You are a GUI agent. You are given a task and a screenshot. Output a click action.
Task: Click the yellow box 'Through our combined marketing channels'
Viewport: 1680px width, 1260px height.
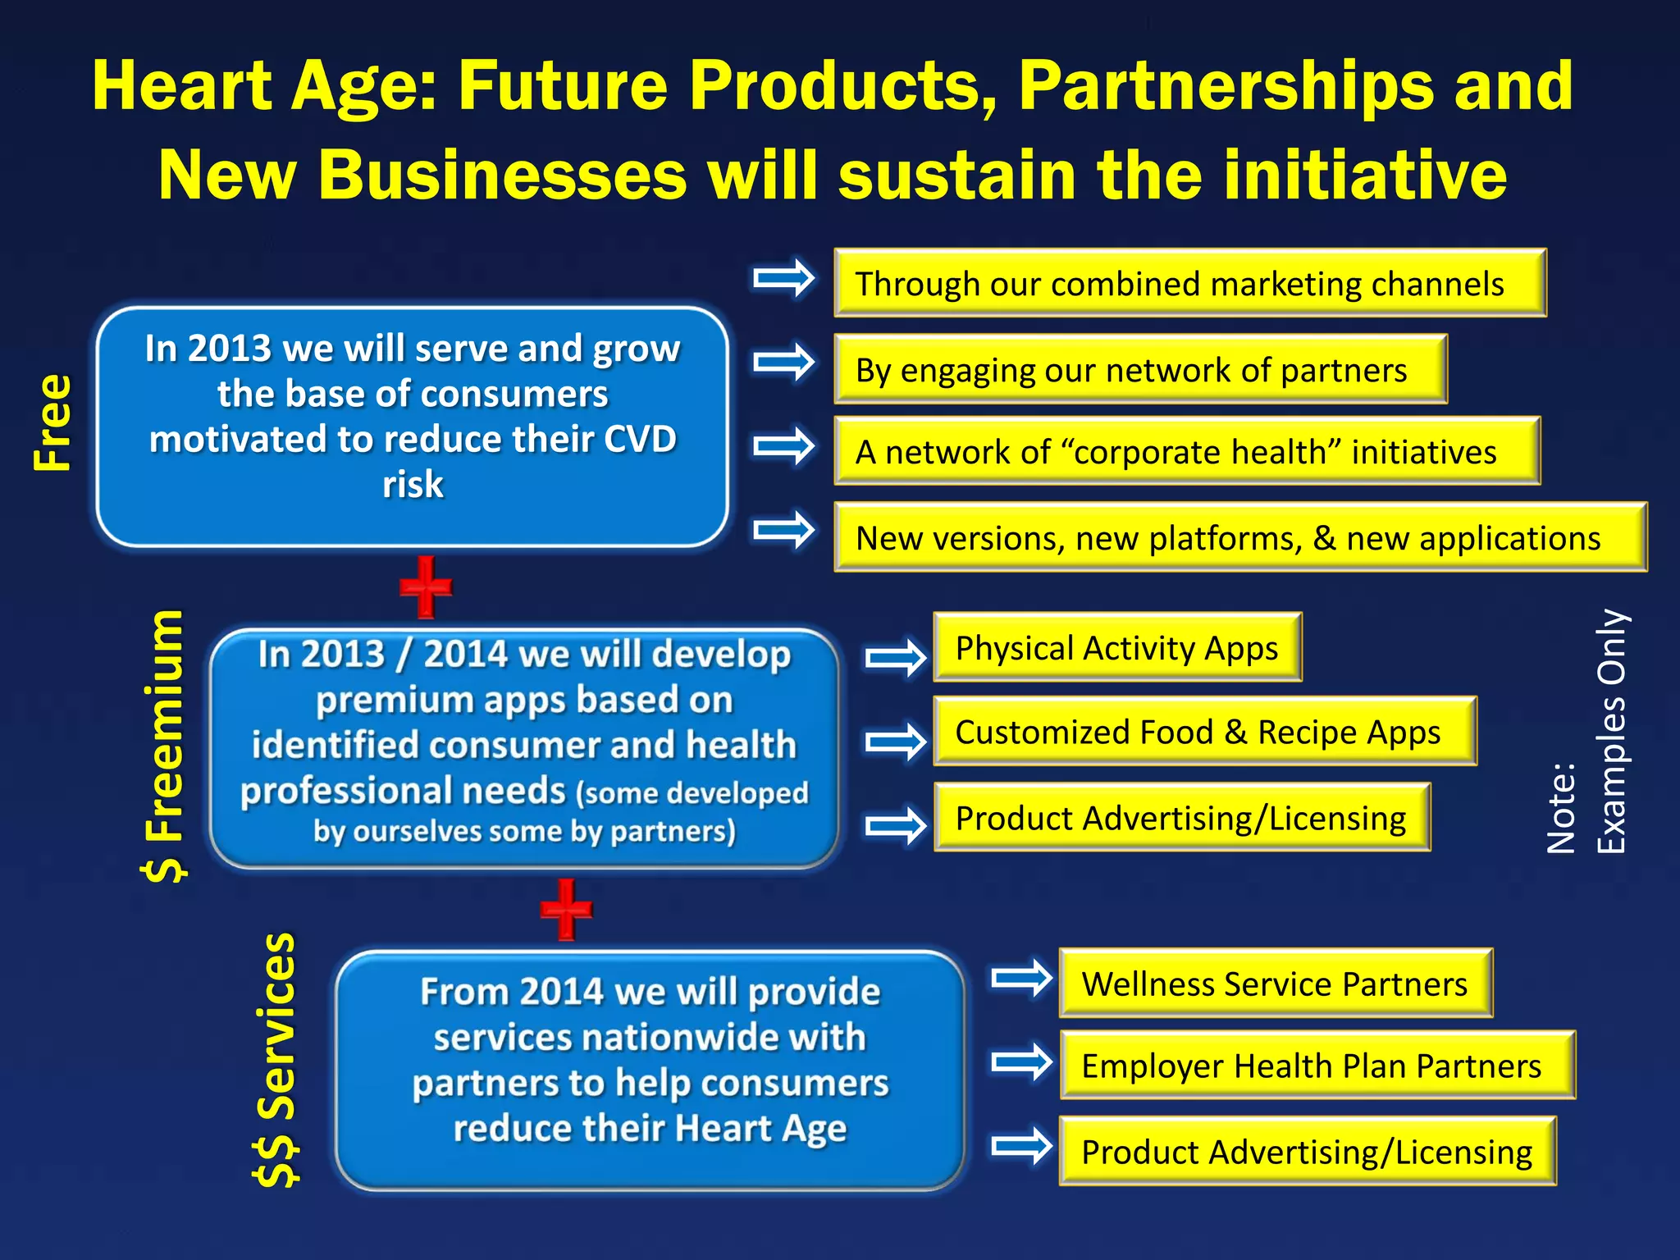1189,283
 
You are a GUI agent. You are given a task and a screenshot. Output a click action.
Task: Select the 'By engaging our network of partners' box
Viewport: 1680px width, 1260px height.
1140,369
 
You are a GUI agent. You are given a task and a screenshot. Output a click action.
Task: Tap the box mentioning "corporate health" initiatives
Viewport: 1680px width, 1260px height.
1186,451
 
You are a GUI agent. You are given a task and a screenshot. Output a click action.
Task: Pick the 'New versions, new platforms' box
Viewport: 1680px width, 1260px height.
1239,537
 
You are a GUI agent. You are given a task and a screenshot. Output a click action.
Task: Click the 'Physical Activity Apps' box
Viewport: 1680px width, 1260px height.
1117,647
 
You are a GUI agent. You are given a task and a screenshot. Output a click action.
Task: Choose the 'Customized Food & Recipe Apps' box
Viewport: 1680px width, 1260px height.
1204,732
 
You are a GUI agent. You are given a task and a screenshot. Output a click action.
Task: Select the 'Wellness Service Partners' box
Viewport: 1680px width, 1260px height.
1276,983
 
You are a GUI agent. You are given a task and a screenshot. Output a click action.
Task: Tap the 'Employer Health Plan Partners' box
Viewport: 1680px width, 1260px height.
1317,1065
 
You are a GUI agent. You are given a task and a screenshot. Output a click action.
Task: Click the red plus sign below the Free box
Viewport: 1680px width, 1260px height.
426,587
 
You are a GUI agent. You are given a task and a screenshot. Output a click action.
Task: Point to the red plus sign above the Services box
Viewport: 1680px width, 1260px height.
566,909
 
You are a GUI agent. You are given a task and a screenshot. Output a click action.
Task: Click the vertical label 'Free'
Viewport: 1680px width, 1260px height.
53,422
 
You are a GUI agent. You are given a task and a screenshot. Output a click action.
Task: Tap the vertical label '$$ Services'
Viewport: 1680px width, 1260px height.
276,1059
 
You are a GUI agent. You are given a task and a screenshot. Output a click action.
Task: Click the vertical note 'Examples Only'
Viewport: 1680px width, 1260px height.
1611,730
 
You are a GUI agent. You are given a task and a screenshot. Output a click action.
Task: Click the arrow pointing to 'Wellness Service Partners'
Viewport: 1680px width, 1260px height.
1020,978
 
